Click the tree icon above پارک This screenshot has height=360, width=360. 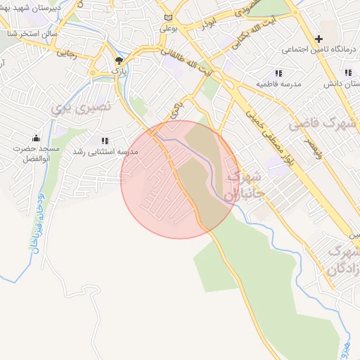coord(118,60)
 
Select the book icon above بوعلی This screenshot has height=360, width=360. coord(167,18)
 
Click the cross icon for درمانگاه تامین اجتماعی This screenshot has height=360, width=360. coord(319,38)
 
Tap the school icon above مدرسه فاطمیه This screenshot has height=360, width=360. coord(278,72)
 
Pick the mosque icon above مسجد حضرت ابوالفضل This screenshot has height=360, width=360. coord(36,137)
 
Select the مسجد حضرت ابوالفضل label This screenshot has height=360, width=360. coord(36,154)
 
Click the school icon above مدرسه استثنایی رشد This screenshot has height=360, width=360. coord(105,141)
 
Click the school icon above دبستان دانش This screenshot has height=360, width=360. coord(347,72)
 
